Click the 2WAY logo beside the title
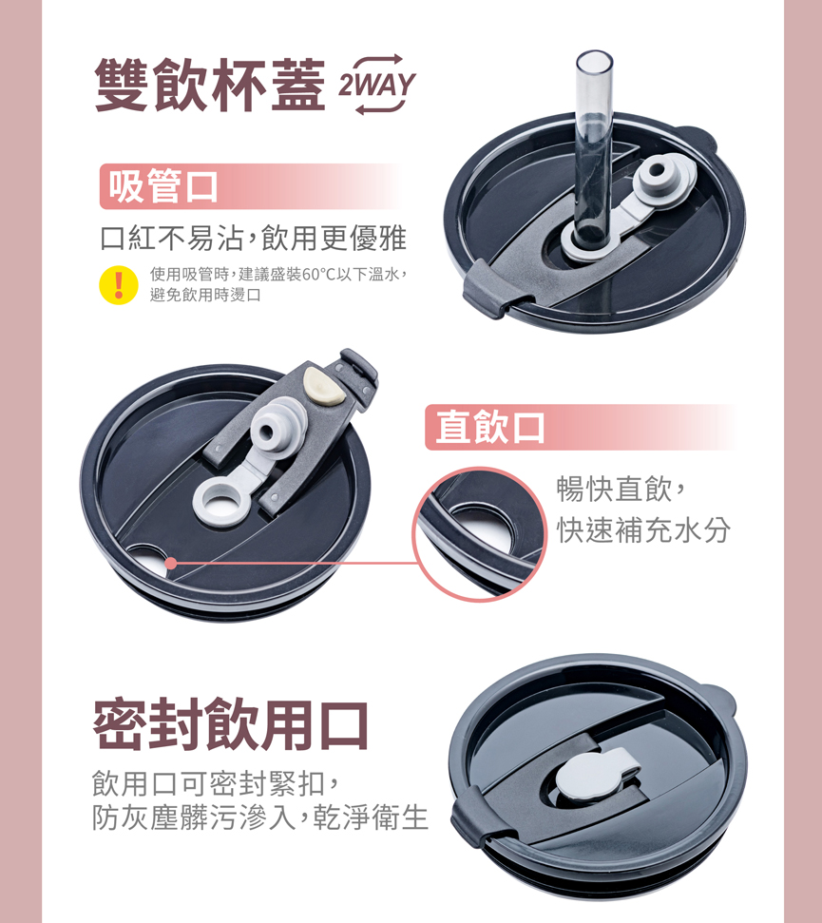[377, 85]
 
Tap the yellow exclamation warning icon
[118, 285]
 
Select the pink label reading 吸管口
[163, 186]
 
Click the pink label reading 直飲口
[489, 427]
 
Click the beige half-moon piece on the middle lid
[324, 387]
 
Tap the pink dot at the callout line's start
[171, 563]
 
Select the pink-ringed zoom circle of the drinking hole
[480, 534]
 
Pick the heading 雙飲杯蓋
[210, 85]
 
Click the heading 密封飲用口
[231, 724]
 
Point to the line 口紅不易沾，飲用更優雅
[254, 238]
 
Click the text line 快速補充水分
[643, 529]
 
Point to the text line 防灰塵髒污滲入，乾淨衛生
[260, 817]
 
